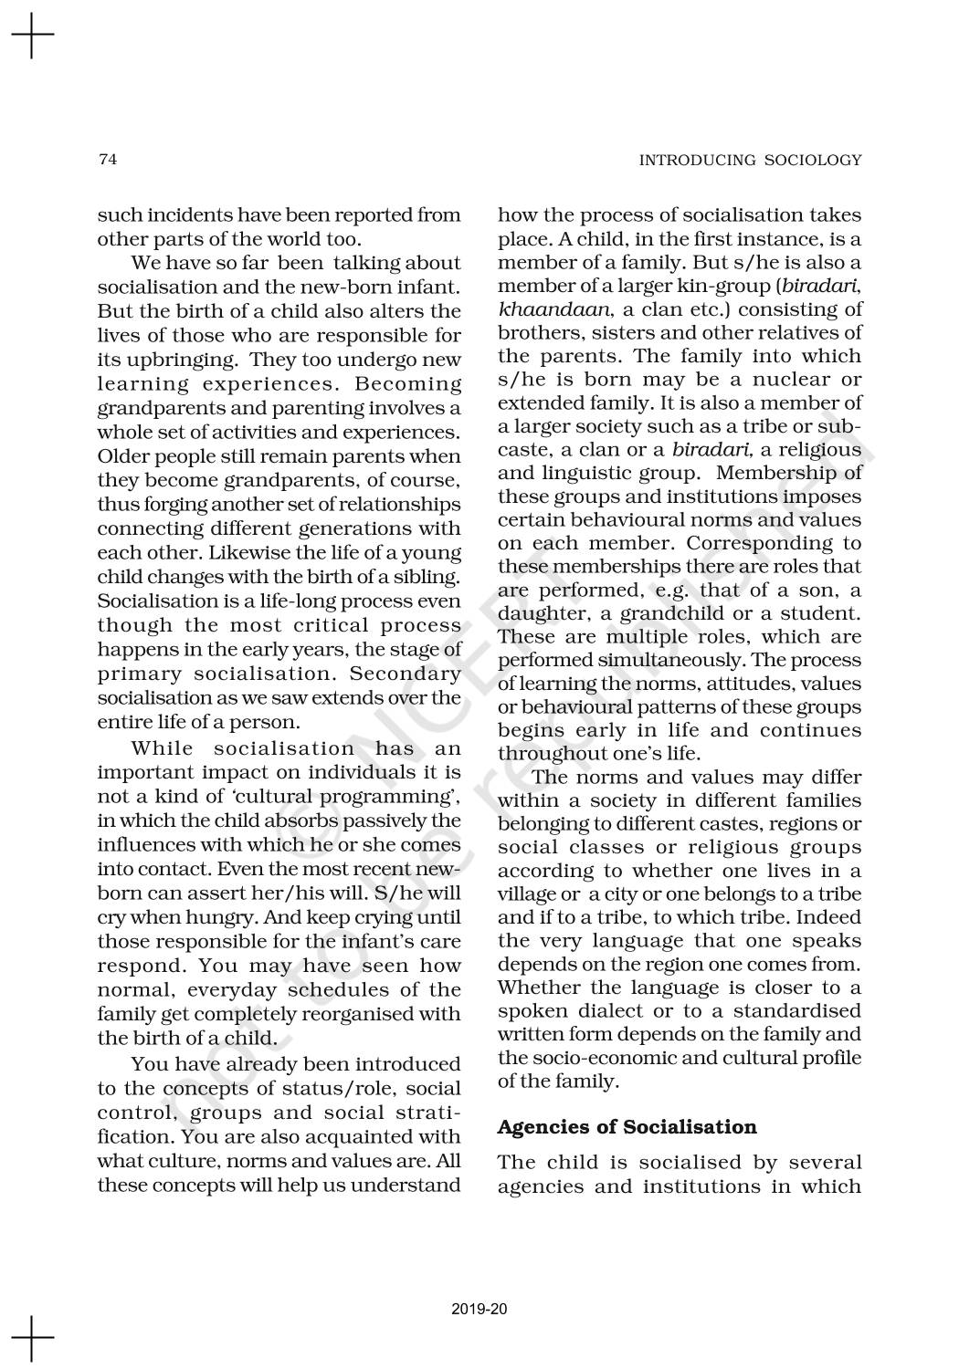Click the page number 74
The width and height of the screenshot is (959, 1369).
pos(108,160)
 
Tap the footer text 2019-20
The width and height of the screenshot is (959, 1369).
pos(479,1310)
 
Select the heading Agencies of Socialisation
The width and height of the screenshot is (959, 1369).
pos(627,1126)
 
